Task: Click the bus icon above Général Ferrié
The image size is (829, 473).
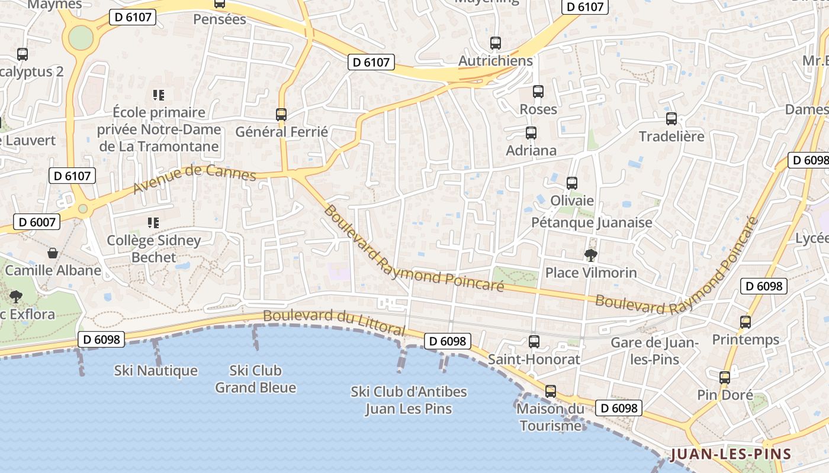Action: [281, 114]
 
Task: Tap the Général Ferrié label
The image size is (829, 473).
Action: [281, 131]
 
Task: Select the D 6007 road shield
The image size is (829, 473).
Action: [37, 222]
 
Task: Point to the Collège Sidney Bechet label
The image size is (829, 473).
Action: [154, 249]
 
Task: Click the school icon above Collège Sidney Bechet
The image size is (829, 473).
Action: [153, 223]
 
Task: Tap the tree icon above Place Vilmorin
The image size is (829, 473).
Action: [590, 255]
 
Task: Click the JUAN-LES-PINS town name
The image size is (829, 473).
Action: [731, 454]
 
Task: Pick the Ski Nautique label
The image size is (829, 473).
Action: [156, 371]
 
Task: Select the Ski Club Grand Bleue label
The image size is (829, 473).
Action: [255, 379]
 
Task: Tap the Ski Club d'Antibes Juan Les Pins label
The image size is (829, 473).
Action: [409, 400]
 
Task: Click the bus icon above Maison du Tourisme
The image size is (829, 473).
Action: [551, 391]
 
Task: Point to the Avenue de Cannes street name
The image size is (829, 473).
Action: [195, 179]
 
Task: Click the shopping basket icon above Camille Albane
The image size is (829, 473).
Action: [53, 253]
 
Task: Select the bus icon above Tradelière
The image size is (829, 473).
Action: [671, 119]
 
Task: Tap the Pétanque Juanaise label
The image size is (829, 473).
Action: [592, 222]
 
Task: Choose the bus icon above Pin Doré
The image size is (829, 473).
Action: [725, 378]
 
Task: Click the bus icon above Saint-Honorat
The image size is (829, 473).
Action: [534, 341]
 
